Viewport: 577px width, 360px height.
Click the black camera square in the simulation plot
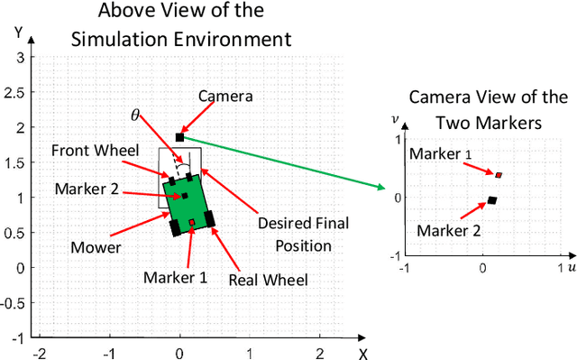coord(179,137)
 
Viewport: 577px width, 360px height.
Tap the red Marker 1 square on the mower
coord(191,222)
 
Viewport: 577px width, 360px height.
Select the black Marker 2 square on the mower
coord(184,195)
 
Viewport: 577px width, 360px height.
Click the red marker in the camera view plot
coord(499,174)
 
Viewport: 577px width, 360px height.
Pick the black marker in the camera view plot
coord(491,200)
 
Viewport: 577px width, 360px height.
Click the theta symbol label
coord(135,115)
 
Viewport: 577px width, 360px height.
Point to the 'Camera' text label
coord(224,96)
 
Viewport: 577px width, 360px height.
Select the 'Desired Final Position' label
coord(303,234)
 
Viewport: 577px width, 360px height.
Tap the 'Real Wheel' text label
coord(269,280)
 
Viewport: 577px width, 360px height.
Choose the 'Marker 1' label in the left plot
coord(175,277)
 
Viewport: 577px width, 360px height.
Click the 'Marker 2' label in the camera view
coord(448,229)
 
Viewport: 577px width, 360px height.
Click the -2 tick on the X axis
coord(39,352)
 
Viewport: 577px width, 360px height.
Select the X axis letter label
coord(362,353)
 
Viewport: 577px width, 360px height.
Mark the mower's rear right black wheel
coord(210,218)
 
